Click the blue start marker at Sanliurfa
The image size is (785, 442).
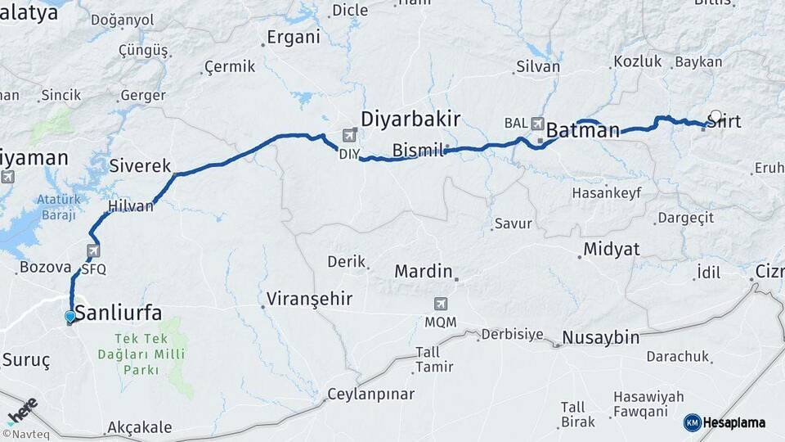[x=70, y=316]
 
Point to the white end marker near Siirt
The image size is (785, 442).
[x=716, y=116]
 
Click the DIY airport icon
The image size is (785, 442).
[x=351, y=136]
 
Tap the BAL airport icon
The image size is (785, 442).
[x=538, y=124]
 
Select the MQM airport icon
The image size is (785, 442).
[x=441, y=304]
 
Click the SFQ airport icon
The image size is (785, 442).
[x=94, y=250]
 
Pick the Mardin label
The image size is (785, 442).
[x=423, y=270]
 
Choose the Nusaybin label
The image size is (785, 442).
[x=600, y=337]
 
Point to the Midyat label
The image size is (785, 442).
[x=611, y=249]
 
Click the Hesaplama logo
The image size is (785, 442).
[x=724, y=422]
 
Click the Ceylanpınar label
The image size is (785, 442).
[x=370, y=394]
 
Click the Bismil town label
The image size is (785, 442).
[x=417, y=151]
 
